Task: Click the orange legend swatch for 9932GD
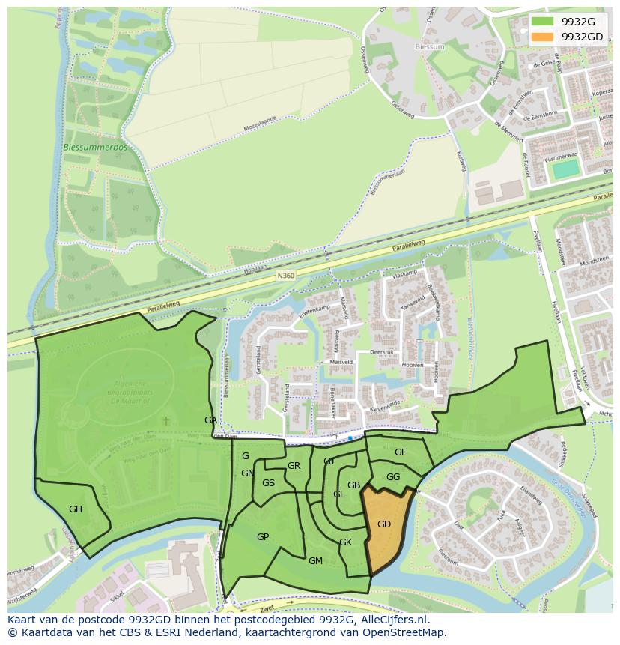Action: point(543,36)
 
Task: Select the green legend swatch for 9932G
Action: point(543,22)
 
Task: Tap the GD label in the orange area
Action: point(384,524)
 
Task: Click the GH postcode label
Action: point(76,509)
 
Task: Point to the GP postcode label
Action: point(263,537)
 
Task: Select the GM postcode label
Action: point(315,561)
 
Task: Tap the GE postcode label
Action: point(401,452)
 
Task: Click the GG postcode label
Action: point(393,477)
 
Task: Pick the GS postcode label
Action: point(268,483)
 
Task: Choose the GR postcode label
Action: point(294,466)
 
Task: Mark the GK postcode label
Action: point(345,542)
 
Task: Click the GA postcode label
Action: point(210,420)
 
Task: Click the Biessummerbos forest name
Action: point(96,148)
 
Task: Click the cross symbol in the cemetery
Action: point(166,421)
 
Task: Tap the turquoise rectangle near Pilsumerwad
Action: point(565,169)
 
